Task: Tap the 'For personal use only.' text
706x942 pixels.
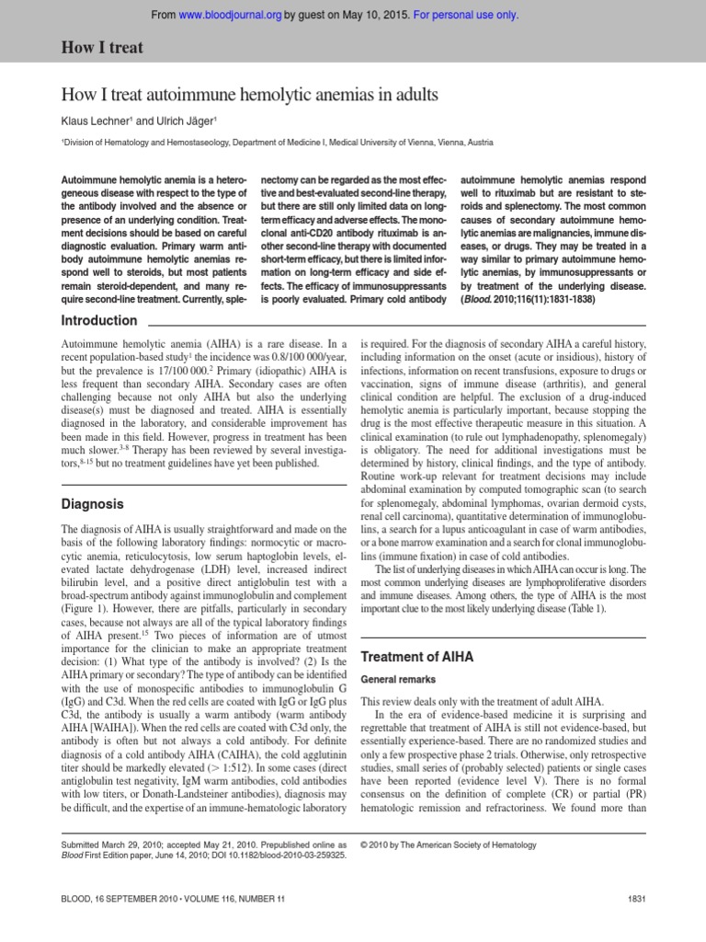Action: [x=467, y=15]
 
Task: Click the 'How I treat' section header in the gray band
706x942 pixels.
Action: [x=101, y=48]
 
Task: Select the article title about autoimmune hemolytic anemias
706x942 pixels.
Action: [x=248, y=95]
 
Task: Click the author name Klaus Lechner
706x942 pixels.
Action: [x=97, y=121]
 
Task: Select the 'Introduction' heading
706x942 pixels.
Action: [x=98, y=321]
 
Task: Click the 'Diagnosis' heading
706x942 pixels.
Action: [x=92, y=504]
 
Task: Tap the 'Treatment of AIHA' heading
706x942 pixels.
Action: [x=418, y=657]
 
